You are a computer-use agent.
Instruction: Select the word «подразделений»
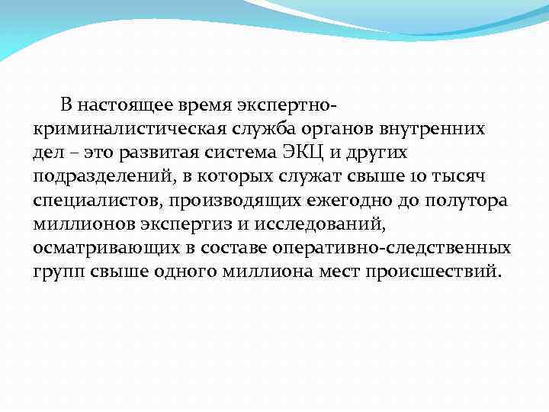coord(98,177)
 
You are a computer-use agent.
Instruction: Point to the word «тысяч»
coord(445,177)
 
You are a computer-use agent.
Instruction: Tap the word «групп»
coord(56,274)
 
